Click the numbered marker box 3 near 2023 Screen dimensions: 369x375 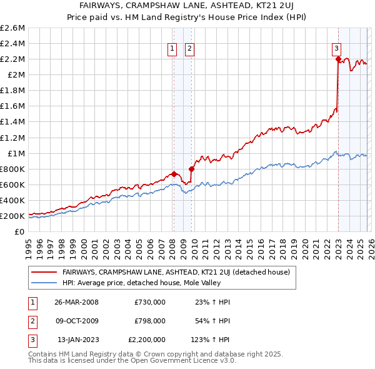click(336, 48)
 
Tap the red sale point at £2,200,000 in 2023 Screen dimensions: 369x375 click(338, 59)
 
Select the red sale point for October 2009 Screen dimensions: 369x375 click(191, 169)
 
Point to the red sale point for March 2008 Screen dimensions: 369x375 click(174, 174)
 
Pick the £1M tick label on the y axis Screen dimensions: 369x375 click(16, 153)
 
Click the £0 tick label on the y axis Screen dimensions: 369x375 click(20, 231)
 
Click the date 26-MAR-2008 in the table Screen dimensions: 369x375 click(76, 301)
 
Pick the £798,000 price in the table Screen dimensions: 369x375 click(150, 321)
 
